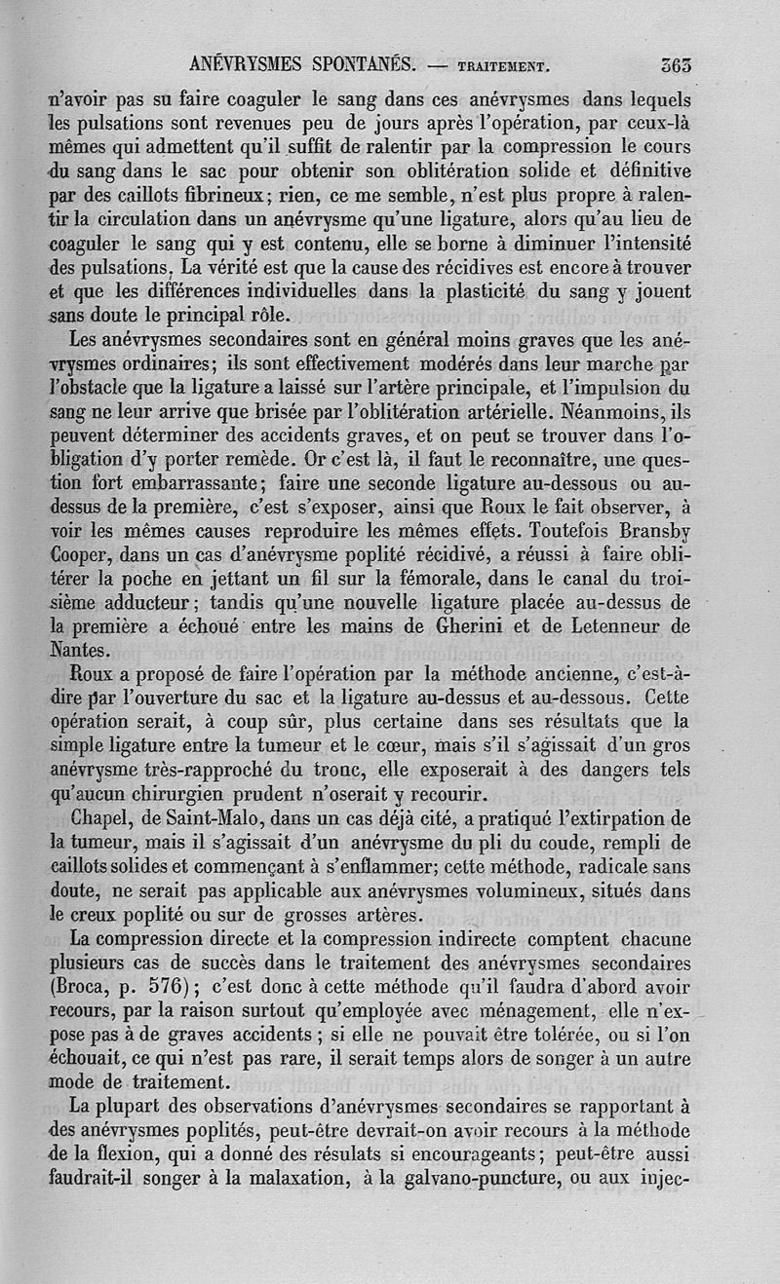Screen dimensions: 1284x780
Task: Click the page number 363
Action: [676, 67]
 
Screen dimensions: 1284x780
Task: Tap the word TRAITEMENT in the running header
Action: [502, 69]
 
